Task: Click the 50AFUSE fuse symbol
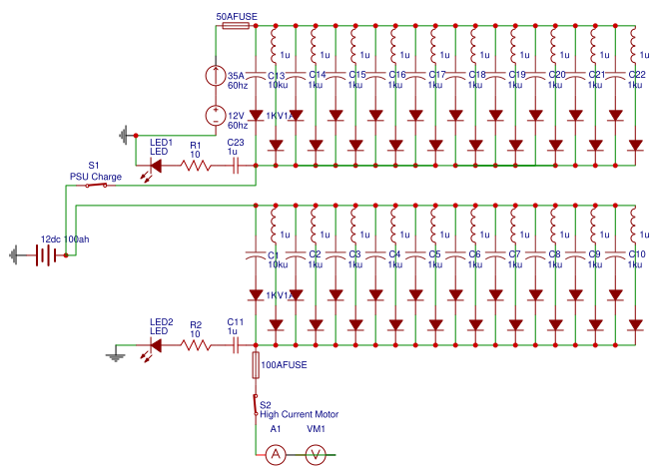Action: tap(234, 27)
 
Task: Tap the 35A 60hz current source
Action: tap(215, 76)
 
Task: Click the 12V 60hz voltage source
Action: tap(215, 117)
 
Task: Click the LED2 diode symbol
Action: tap(155, 345)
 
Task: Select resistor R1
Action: tap(196, 166)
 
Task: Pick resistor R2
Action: tap(196, 345)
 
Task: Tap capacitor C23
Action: tap(236, 166)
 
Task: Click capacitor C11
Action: tap(236, 345)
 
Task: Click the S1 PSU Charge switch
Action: tap(94, 185)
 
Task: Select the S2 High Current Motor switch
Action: tap(256, 404)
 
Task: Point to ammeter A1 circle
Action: tap(276, 454)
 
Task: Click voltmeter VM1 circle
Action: tap(316, 454)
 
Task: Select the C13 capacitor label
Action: tap(277, 75)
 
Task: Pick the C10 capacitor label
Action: tap(636, 254)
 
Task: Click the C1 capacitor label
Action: tap(273, 254)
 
